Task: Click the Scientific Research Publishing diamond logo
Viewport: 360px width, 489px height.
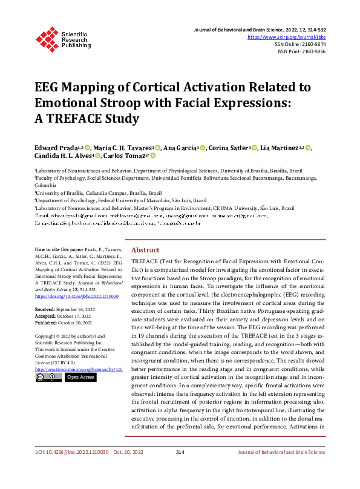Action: [x=46, y=38]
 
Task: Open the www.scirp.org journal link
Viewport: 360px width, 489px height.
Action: [x=287, y=37]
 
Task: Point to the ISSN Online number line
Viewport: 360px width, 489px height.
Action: [x=301, y=44]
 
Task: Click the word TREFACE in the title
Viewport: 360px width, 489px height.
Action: [x=75, y=119]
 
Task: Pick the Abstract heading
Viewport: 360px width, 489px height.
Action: [x=145, y=250]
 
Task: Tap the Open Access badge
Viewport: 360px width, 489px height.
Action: [x=81, y=377]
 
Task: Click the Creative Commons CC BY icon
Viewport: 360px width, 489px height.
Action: [x=48, y=377]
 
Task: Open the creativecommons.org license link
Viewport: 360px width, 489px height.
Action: [x=79, y=369]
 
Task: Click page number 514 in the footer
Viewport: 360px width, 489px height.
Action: [x=180, y=468]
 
